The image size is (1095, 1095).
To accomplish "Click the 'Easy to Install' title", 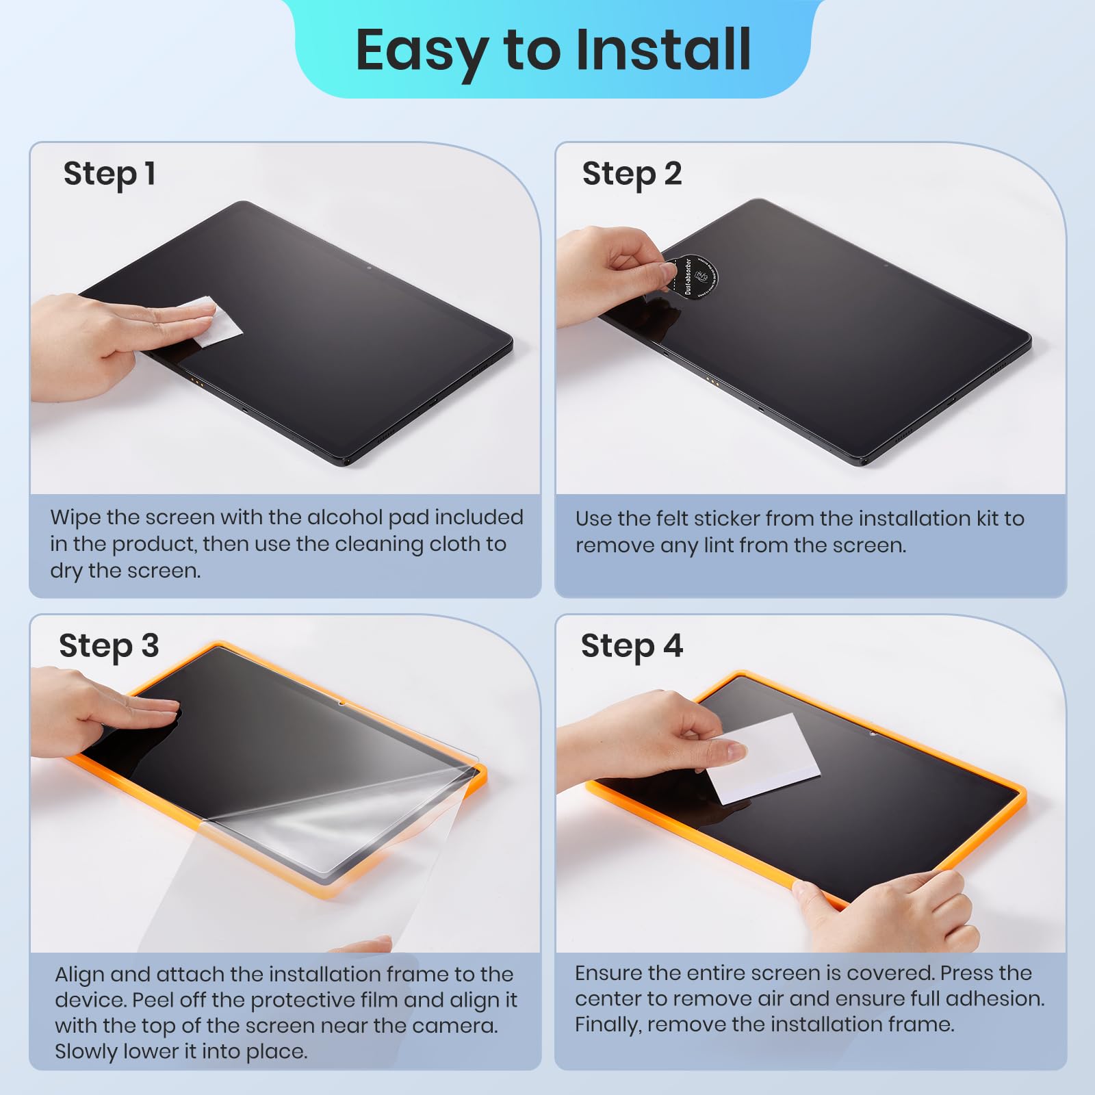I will [x=553, y=49].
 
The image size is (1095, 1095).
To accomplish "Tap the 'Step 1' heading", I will [x=109, y=174].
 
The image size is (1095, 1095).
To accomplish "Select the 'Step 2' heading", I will [x=631, y=174].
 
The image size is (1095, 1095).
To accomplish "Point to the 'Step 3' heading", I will [x=109, y=646].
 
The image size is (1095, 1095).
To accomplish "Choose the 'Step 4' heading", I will [x=631, y=646].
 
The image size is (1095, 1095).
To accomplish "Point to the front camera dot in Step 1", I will [x=369, y=268].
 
